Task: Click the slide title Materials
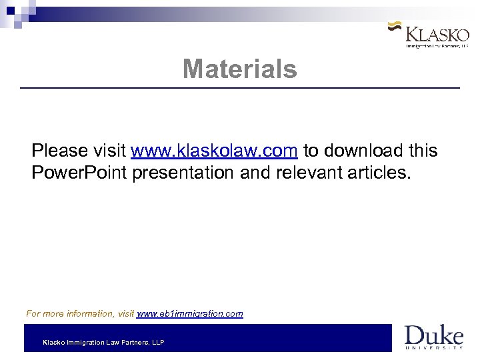click(240, 69)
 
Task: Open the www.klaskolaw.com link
click(214, 151)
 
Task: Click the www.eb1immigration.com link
click(190, 313)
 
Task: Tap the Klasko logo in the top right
click(433, 35)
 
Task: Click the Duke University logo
click(433, 337)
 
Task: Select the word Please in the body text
click(59, 151)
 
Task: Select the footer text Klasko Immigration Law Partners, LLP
click(103, 343)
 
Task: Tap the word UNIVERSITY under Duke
click(433, 347)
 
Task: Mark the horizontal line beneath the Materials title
click(240, 88)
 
